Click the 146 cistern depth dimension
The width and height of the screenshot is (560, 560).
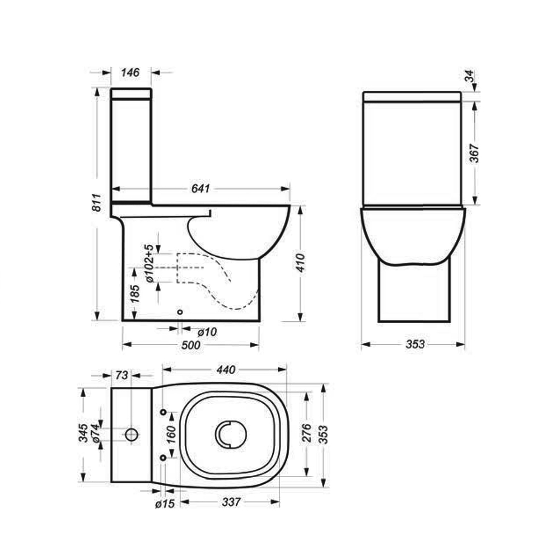coord(131,72)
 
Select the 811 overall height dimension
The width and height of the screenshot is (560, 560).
coord(96,202)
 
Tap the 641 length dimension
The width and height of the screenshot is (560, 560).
coord(200,189)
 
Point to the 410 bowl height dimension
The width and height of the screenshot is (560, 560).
coord(301,263)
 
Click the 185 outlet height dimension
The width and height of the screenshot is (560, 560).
coord(134,293)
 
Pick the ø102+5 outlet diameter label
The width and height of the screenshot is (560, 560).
coord(149,264)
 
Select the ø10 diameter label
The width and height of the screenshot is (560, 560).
coord(207,332)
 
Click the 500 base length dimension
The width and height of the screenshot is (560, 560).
coord(190,346)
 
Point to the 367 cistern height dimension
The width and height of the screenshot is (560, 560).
coord(474,153)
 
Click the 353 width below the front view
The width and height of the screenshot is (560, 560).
coord(414,344)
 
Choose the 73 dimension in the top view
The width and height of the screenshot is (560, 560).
coord(122,375)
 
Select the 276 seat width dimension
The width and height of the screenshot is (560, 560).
coord(307,433)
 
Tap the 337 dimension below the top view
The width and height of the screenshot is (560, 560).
coord(230,502)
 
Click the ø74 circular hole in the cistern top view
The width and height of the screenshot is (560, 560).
coord(132,434)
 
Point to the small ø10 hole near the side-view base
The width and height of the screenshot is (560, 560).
coord(180,312)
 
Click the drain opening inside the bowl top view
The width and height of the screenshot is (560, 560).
coord(230,434)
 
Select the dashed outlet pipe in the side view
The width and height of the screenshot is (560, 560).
coord(218,280)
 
